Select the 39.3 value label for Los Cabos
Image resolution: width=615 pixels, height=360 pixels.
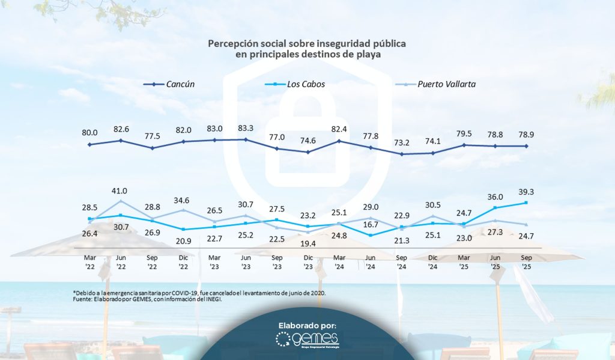point(527,192)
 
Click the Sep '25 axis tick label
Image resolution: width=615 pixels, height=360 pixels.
point(527,262)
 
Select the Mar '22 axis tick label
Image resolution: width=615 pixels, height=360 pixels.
point(89,262)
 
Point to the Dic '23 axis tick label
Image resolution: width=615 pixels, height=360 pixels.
point(308,262)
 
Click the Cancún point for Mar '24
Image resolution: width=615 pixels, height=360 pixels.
point(339,141)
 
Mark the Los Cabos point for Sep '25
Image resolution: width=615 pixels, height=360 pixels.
point(527,203)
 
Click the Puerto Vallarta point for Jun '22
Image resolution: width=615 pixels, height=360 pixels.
point(121,201)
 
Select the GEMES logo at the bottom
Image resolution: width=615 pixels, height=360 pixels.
point(307,340)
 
